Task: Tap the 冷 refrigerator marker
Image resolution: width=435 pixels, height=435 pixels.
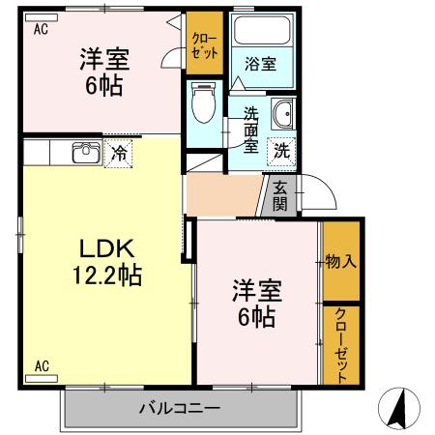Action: (118, 152)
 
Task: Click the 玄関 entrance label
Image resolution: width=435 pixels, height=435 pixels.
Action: (279, 196)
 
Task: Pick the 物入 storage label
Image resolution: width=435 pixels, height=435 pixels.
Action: (339, 261)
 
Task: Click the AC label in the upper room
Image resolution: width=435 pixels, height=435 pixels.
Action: (42, 30)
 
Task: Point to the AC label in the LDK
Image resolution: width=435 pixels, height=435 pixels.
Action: (42, 365)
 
